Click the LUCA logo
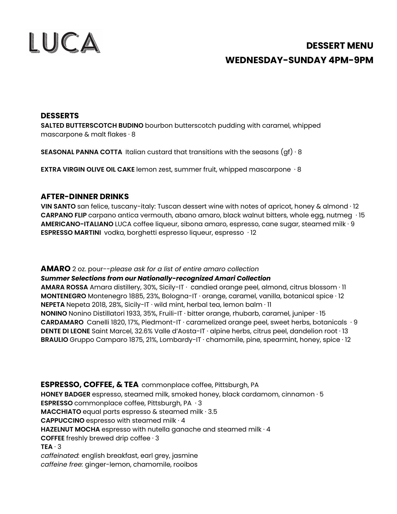click(65, 42)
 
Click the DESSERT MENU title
click(339, 46)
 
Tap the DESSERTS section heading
click(60, 116)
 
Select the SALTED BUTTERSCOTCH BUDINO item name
click(92, 126)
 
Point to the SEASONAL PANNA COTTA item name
click(81, 152)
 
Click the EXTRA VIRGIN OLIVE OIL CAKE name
click(87, 169)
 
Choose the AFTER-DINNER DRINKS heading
click(85, 196)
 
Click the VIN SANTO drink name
click(58, 206)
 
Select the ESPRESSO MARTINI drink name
click(71, 233)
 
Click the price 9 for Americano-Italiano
click(352, 224)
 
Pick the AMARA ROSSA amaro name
click(64, 287)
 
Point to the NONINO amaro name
click(54, 313)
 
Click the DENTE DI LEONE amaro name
click(65, 331)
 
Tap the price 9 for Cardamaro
click(356, 322)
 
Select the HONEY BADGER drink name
click(65, 394)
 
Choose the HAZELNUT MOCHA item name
click(70, 429)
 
